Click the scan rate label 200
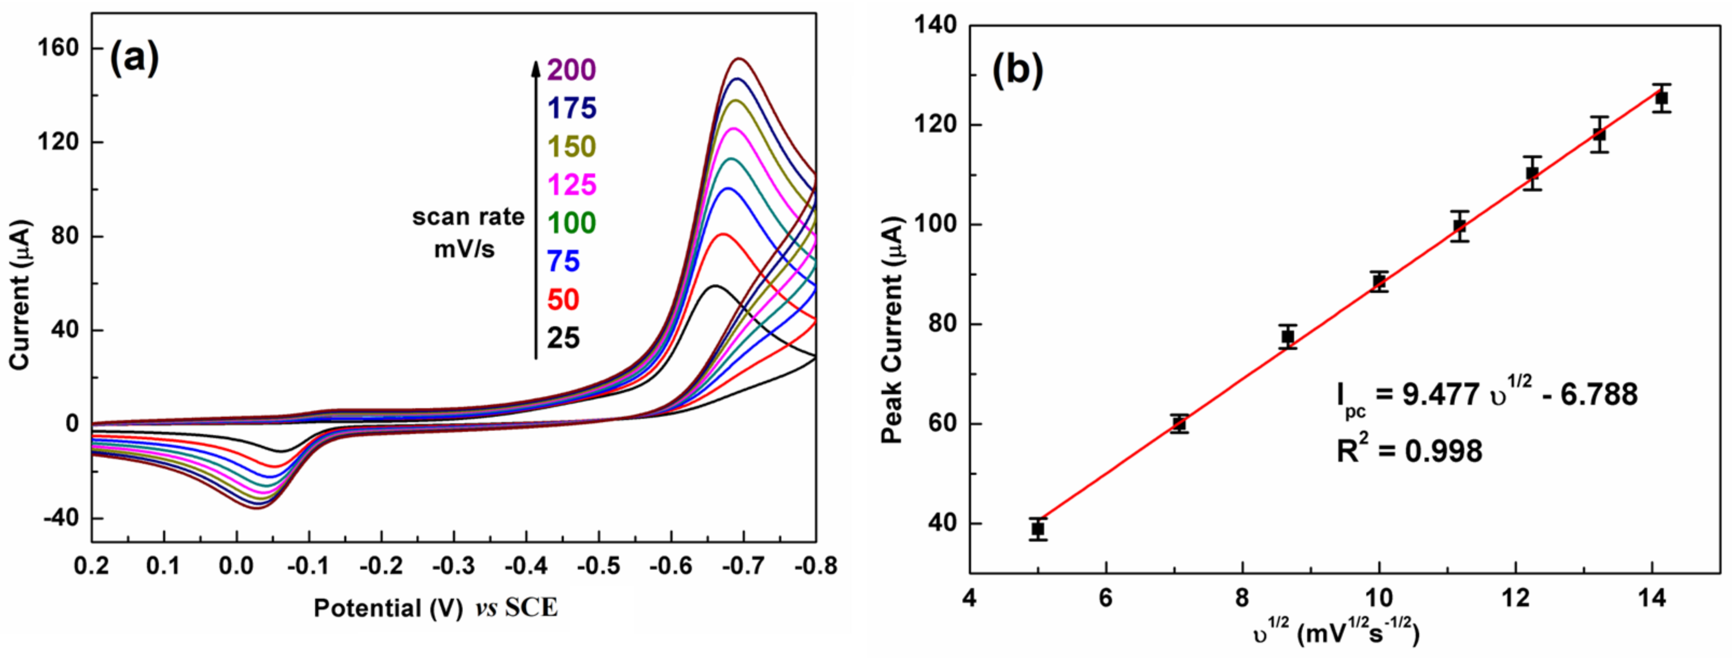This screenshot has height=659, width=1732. coord(571,69)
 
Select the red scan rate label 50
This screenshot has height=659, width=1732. coord(563,300)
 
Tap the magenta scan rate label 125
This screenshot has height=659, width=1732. coord(571,184)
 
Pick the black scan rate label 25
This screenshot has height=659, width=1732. coord(563,338)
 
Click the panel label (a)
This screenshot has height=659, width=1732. coord(135,59)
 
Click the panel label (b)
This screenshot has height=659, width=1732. coord(1018,71)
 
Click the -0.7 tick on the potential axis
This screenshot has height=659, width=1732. coord(744,566)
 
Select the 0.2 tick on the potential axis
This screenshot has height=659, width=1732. coord(92,566)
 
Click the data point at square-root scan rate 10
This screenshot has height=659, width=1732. coord(1379,281)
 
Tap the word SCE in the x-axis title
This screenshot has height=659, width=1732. coord(531,608)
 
